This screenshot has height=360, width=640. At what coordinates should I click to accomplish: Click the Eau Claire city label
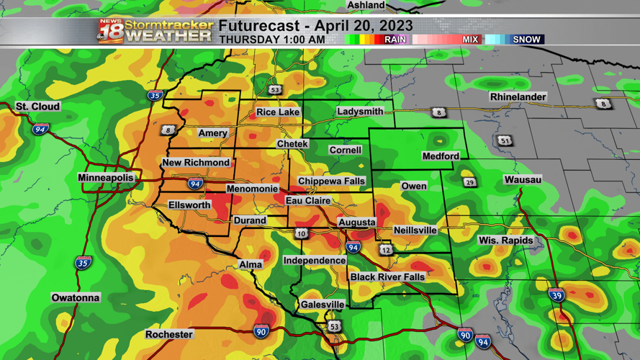click(x=308, y=201)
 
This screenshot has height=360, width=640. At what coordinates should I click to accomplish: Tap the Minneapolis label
click(x=106, y=178)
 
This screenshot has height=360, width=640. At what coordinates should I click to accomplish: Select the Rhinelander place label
click(x=518, y=97)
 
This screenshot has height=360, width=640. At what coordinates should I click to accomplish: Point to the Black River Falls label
click(x=387, y=277)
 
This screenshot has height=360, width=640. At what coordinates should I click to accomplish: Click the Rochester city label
click(x=169, y=335)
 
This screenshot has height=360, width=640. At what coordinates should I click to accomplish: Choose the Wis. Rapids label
click(x=506, y=240)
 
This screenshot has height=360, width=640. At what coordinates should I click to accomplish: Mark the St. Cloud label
click(x=38, y=107)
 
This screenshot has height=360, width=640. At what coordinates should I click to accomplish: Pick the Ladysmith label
click(x=360, y=112)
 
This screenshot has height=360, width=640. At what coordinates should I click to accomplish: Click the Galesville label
click(x=323, y=305)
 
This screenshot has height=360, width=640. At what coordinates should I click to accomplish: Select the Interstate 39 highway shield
click(x=556, y=295)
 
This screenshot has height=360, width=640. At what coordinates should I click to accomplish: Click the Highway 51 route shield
click(x=506, y=140)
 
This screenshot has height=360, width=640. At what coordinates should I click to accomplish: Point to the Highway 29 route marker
click(x=469, y=182)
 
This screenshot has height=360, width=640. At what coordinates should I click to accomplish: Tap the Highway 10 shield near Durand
click(x=301, y=233)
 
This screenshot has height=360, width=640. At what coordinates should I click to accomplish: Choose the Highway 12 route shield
click(x=387, y=250)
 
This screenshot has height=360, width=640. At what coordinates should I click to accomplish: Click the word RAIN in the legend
click(x=395, y=40)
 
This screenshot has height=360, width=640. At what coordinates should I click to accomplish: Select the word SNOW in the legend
click(x=526, y=40)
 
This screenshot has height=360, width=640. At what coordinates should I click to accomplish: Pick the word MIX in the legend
click(x=470, y=40)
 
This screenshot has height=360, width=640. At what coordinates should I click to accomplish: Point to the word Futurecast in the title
click(x=253, y=26)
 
